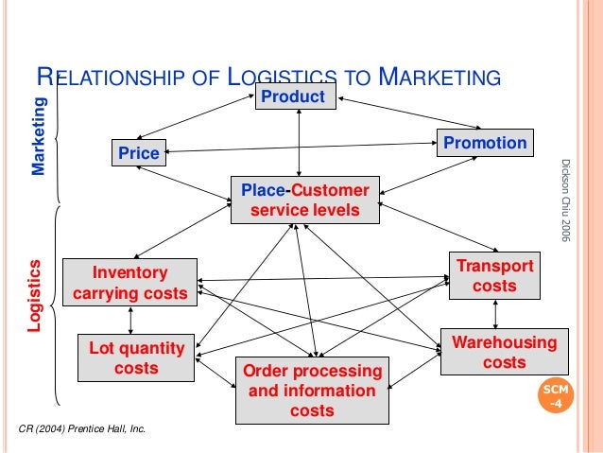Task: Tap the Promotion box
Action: click(x=485, y=143)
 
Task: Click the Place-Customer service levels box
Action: click(x=304, y=200)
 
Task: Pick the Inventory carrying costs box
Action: click(x=129, y=283)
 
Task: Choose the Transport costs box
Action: click(x=493, y=275)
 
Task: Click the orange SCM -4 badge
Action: click(x=555, y=398)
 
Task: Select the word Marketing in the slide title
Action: click(x=437, y=78)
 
